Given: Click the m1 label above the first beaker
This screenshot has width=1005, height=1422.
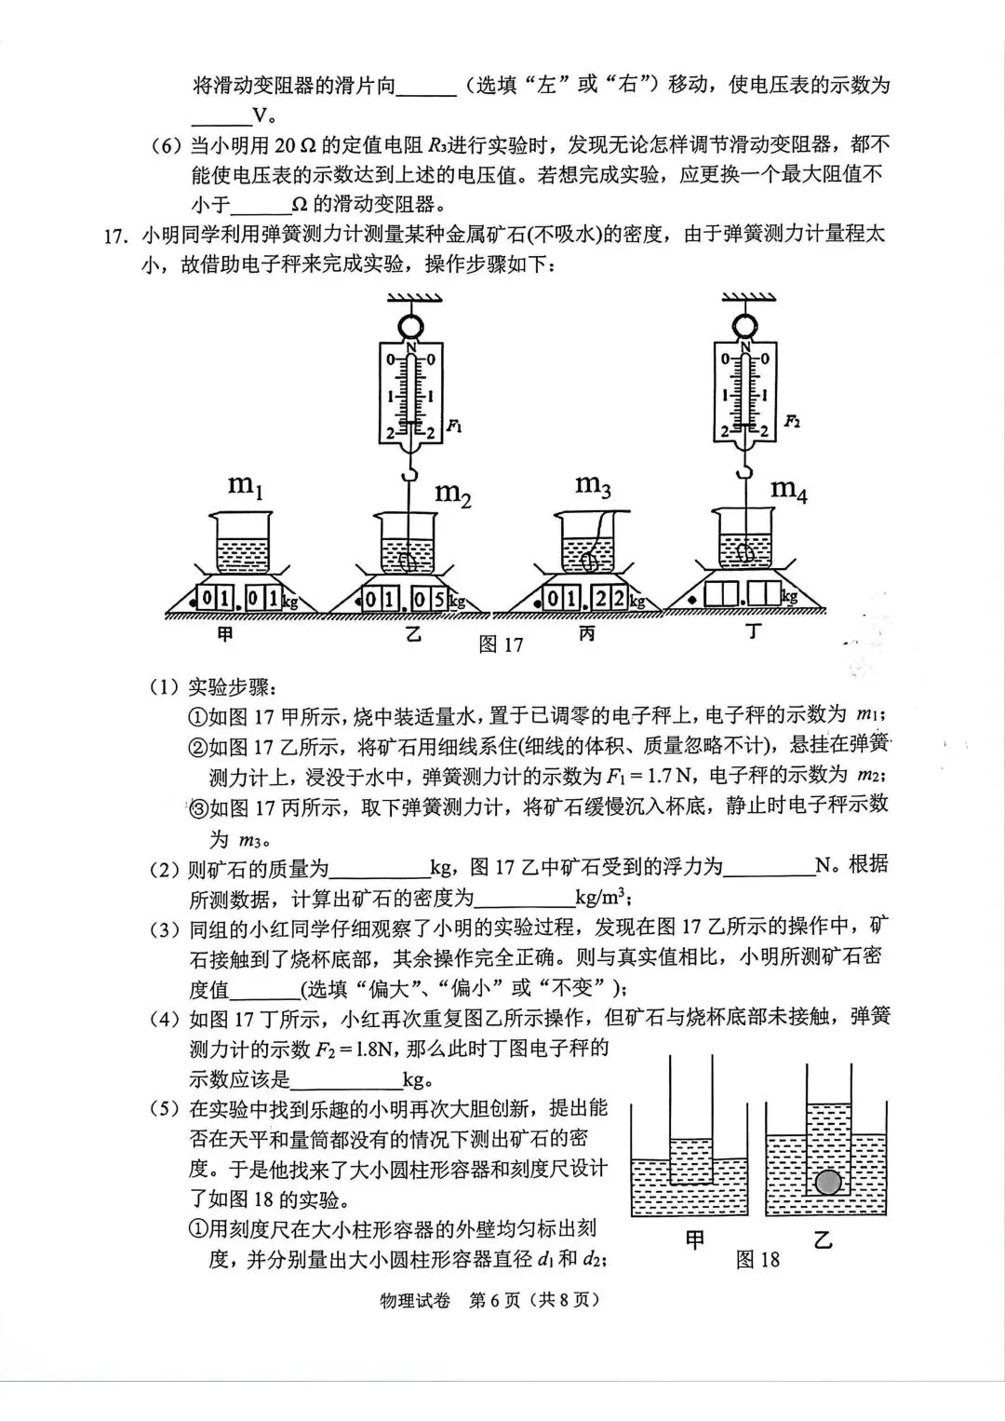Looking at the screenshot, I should click(244, 486).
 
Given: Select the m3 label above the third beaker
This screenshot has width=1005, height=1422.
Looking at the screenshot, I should click(593, 485).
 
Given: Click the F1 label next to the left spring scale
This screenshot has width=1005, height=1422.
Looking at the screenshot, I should click(454, 426).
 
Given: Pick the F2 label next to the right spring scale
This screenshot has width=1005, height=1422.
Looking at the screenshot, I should click(791, 421).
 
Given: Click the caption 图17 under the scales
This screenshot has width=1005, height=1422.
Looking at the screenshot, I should click(501, 644).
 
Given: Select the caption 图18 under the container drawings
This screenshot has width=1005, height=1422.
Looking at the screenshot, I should click(757, 1260).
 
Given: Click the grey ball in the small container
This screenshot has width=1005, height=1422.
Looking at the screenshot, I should click(827, 1183).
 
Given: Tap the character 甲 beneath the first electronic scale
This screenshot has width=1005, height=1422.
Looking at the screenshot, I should click(224, 635).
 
